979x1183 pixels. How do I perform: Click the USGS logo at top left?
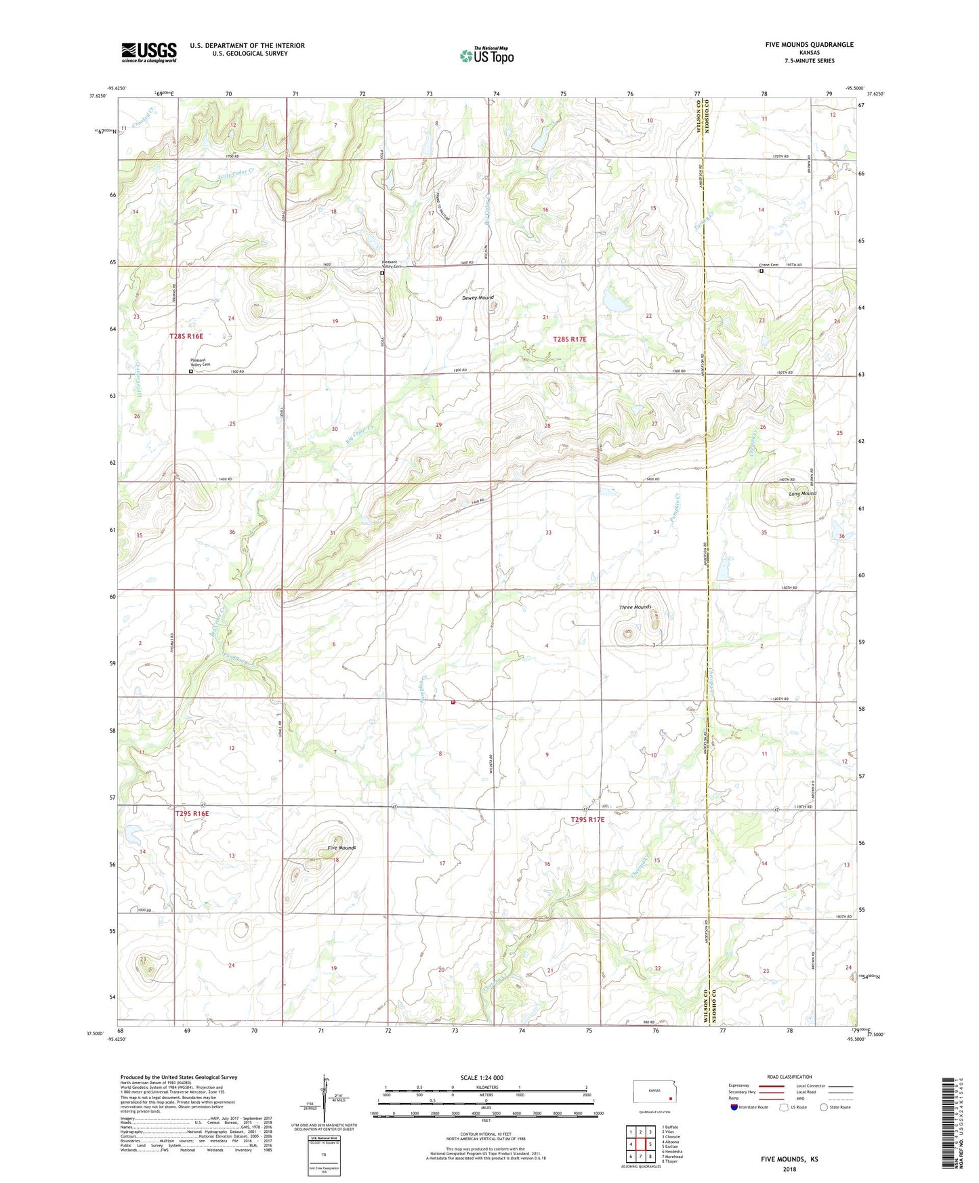(x=149, y=52)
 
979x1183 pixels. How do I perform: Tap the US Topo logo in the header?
(x=486, y=56)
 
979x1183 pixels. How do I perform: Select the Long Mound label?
(x=802, y=494)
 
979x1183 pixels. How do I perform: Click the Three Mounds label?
(x=635, y=607)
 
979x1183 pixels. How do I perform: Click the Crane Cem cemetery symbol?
(x=762, y=271)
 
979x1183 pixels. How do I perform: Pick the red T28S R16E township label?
(x=186, y=336)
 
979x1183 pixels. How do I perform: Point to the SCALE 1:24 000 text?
(x=482, y=1077)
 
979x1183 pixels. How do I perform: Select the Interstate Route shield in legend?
(x=735, y=1107)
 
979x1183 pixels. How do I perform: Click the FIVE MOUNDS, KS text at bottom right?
(x=789, y=1159)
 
